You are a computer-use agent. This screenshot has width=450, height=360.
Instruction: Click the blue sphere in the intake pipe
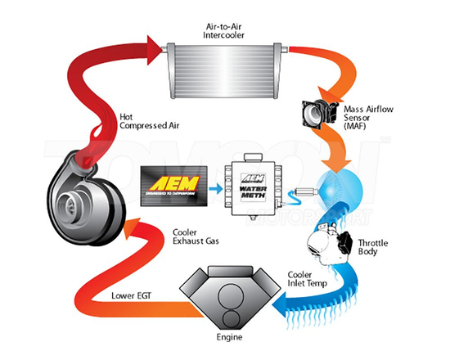tap(338, 187)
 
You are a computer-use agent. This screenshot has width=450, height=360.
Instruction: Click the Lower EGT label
tap(126, 294)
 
